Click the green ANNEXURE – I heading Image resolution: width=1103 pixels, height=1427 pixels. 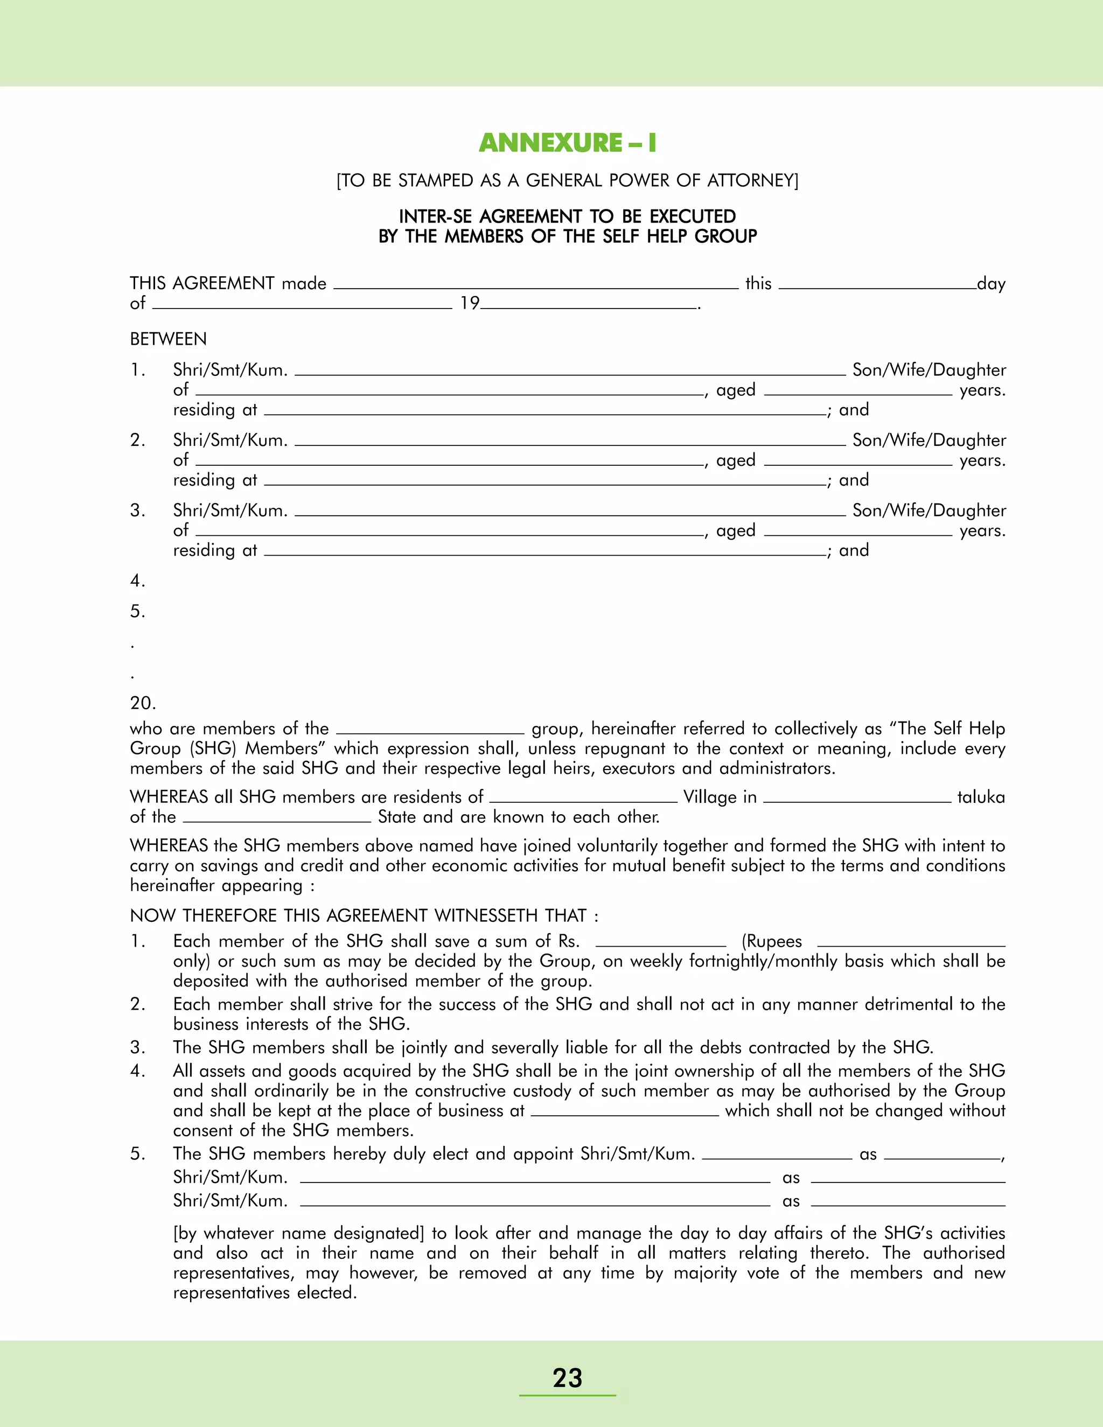(x=567, y=143)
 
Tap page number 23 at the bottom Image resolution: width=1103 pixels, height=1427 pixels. (x=567, y=1377)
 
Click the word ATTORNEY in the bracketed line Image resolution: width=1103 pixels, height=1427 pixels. (x=752, y=180)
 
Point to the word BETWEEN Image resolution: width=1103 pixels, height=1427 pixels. (x=168, y=339)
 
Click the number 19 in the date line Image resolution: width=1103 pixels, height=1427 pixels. (x=469, y=303)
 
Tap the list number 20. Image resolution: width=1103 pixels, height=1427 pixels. (x=142, y=703)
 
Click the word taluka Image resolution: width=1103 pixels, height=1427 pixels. (x=981, y=797)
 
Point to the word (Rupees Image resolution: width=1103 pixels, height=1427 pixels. (x=772, y=941)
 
